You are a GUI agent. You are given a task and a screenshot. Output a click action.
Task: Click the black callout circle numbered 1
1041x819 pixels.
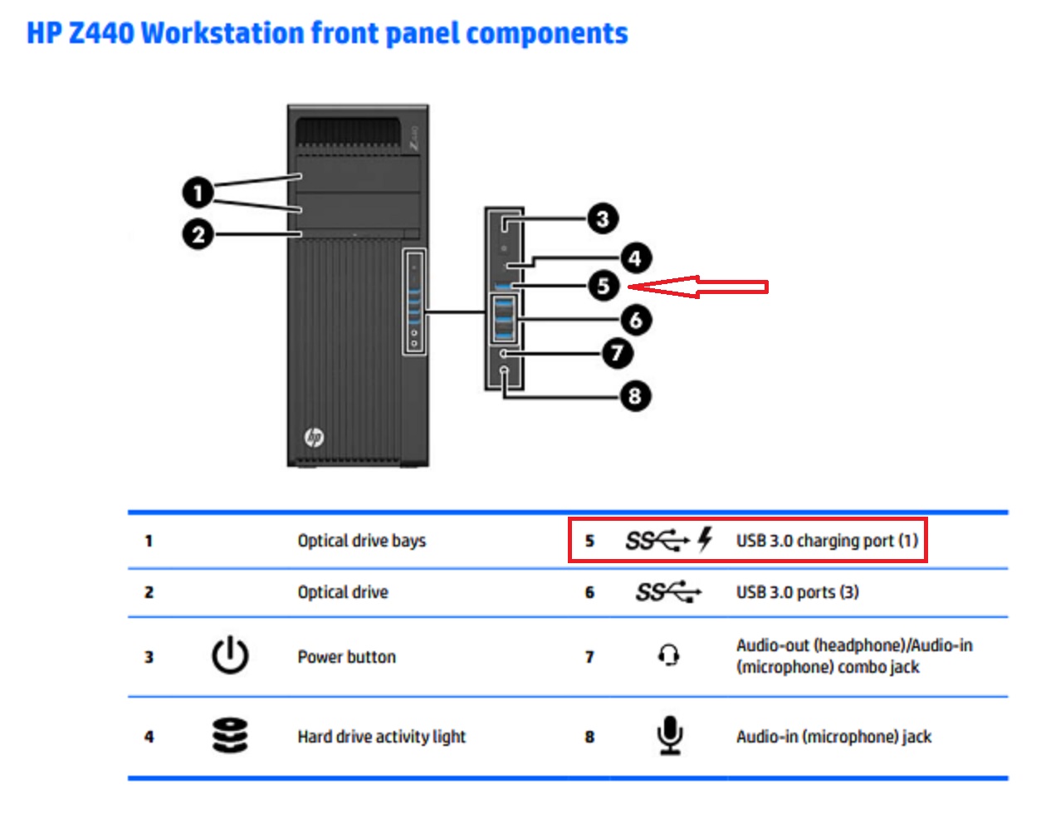click(x=198, y=194)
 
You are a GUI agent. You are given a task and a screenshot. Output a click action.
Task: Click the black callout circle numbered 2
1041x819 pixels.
click(x=198, y=234)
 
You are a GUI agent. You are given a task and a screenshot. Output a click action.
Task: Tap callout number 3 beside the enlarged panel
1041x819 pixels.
click(x=603, y=219)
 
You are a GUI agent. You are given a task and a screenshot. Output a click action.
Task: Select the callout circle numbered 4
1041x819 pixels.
click(x=635, y=258)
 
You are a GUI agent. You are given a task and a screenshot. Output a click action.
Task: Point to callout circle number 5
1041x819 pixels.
click(x=604, y=287)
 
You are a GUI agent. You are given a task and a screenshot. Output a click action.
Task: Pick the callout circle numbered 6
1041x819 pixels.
click(x=636, y=320)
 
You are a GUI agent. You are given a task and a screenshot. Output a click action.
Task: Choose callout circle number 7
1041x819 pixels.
click(x=617, y=353)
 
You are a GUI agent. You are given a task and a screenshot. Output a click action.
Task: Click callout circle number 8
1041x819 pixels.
click(x=635, y=395)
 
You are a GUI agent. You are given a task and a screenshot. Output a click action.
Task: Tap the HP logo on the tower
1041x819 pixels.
click(x=314, y=437)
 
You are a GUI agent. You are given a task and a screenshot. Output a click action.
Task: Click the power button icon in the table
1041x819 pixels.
click(x=230, y=655)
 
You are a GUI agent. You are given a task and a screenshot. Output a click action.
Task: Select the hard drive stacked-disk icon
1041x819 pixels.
click(x=230, y=736)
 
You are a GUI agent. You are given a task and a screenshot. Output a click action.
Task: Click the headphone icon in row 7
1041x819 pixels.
click(x=669, y=655)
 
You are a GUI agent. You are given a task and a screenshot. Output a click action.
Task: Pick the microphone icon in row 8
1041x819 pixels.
click(x=669, y=735)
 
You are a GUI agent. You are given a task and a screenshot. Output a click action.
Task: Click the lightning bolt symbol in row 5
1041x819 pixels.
click(x=706, y=539)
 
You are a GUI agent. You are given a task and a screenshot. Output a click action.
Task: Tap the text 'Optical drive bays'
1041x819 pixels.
click(x=361, y=541)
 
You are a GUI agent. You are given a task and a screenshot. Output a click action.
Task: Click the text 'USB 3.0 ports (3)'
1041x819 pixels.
click(x=797, y=592)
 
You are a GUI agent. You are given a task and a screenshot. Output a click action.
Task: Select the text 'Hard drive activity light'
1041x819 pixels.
click(x=381, y=737)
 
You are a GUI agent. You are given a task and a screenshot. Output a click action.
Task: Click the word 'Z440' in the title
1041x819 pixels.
click(x=100, y=33)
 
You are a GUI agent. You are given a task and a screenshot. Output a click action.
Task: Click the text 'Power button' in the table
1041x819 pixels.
click(x=346, y=657)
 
